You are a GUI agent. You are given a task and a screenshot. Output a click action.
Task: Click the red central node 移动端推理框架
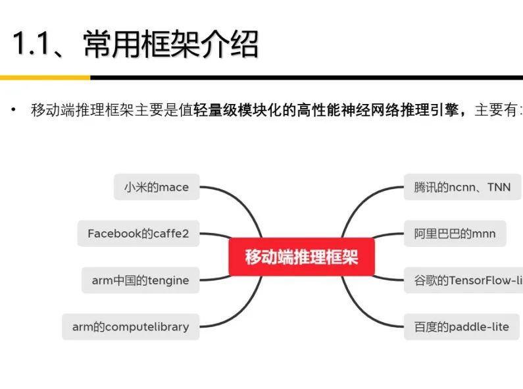(x=301, y=257)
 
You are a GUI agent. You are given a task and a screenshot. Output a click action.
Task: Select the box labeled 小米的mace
(x=156, y=187)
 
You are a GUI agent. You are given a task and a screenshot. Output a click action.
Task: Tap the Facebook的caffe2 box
(x=143, y=234)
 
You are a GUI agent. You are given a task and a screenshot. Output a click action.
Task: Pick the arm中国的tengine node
(x=140, y=280)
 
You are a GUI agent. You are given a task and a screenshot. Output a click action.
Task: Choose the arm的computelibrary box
(x=130, y=326)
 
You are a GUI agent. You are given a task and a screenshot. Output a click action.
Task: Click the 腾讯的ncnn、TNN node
(x=462, y=187)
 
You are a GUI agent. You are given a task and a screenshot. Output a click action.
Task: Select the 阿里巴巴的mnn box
(x=455, y=234)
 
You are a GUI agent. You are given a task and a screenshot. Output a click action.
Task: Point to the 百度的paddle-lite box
(x=461, y=326)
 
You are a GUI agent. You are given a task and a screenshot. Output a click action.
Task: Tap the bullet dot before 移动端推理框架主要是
(x=12, y=110)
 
